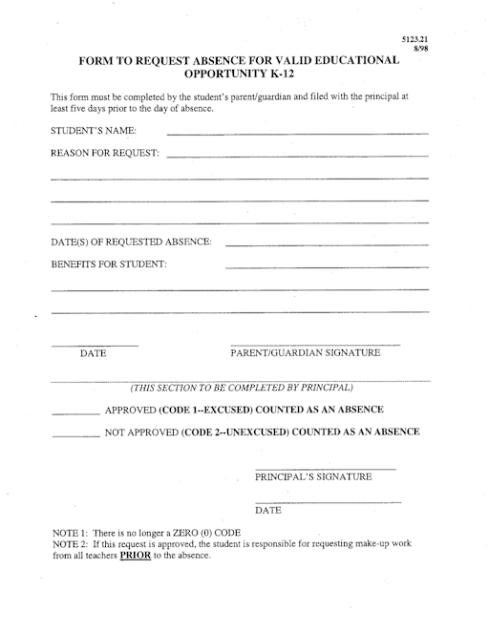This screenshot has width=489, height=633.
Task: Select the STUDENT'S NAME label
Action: [93, 130]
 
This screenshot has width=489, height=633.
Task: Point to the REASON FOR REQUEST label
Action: [104, 154]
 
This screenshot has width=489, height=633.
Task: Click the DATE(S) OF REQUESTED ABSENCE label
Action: [132, 242]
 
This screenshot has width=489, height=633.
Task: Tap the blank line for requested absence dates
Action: [326, 245]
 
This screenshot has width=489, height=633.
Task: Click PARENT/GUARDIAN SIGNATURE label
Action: [306, 353]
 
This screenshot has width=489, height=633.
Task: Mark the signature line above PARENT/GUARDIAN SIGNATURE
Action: [314, 344]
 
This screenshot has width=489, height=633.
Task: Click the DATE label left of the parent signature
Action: [93, 354]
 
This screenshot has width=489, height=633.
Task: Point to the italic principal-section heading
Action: [242, 388]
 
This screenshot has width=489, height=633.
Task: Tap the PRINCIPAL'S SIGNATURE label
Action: [313, 476]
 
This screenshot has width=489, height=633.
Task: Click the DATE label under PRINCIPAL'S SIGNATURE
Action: [268, 511]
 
